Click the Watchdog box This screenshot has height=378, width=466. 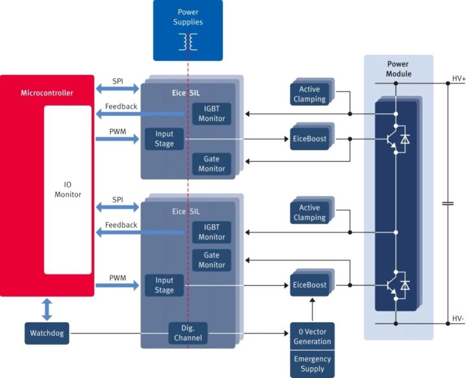pos(46,334)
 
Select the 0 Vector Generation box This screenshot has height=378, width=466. pos(311,337)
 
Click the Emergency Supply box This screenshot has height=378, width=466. pos(311,364)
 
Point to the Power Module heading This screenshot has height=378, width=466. pos(398,69)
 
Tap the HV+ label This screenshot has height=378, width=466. pos(457,80)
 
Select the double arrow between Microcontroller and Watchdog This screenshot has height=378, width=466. pos(47,309)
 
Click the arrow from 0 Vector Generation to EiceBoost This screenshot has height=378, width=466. pos(311,310)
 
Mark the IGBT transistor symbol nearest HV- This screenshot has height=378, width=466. pos(391,283)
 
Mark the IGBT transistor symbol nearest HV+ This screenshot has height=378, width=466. pos(391,138)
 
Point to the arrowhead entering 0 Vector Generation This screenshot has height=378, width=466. pos(286,334)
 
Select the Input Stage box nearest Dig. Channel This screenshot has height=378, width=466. pos(164,285)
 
